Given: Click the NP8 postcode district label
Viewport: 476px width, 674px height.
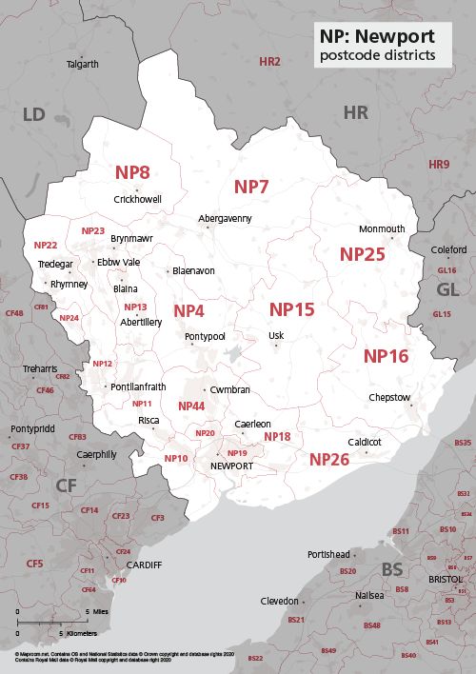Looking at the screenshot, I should click(132, 173).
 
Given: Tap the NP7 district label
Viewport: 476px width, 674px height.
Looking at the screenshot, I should click(252, 187).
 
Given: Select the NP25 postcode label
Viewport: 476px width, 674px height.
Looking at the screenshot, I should click(363, 254).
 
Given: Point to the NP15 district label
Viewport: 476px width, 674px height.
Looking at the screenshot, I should click(291, 309).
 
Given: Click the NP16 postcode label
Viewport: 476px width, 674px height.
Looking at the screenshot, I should click(386, 356).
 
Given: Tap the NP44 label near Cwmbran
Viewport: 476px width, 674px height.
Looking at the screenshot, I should click(191, 406).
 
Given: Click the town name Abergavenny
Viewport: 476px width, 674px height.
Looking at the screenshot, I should click(225, 218).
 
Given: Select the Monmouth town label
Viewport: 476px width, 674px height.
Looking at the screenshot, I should click(382, 229).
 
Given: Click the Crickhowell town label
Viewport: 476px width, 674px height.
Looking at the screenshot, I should click(137, 199).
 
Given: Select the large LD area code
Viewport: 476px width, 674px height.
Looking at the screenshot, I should click(33, 115).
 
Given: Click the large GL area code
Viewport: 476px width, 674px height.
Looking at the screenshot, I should click(446, 289).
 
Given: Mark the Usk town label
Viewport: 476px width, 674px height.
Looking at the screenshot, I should click(276, 335).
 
